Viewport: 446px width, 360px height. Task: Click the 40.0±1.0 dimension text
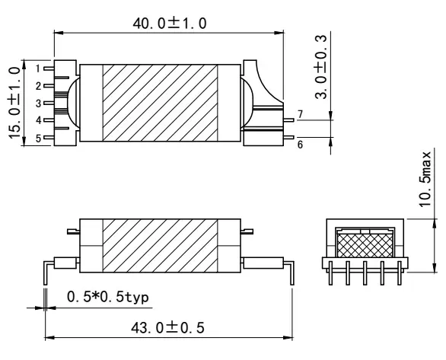(168, 23)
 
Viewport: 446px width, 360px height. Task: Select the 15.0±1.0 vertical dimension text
(13, 101)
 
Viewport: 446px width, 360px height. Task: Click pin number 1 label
(38, 68)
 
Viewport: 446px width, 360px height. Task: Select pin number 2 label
(38, 85)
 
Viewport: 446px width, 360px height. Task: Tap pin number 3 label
(38, 103)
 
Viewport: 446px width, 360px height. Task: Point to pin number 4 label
(38, 120)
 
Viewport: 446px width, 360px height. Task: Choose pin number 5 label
(38, 138)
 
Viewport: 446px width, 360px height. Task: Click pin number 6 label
(300, 143)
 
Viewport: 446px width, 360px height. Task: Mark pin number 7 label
(300, 114)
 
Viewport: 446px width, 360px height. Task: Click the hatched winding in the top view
(160, 103)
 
